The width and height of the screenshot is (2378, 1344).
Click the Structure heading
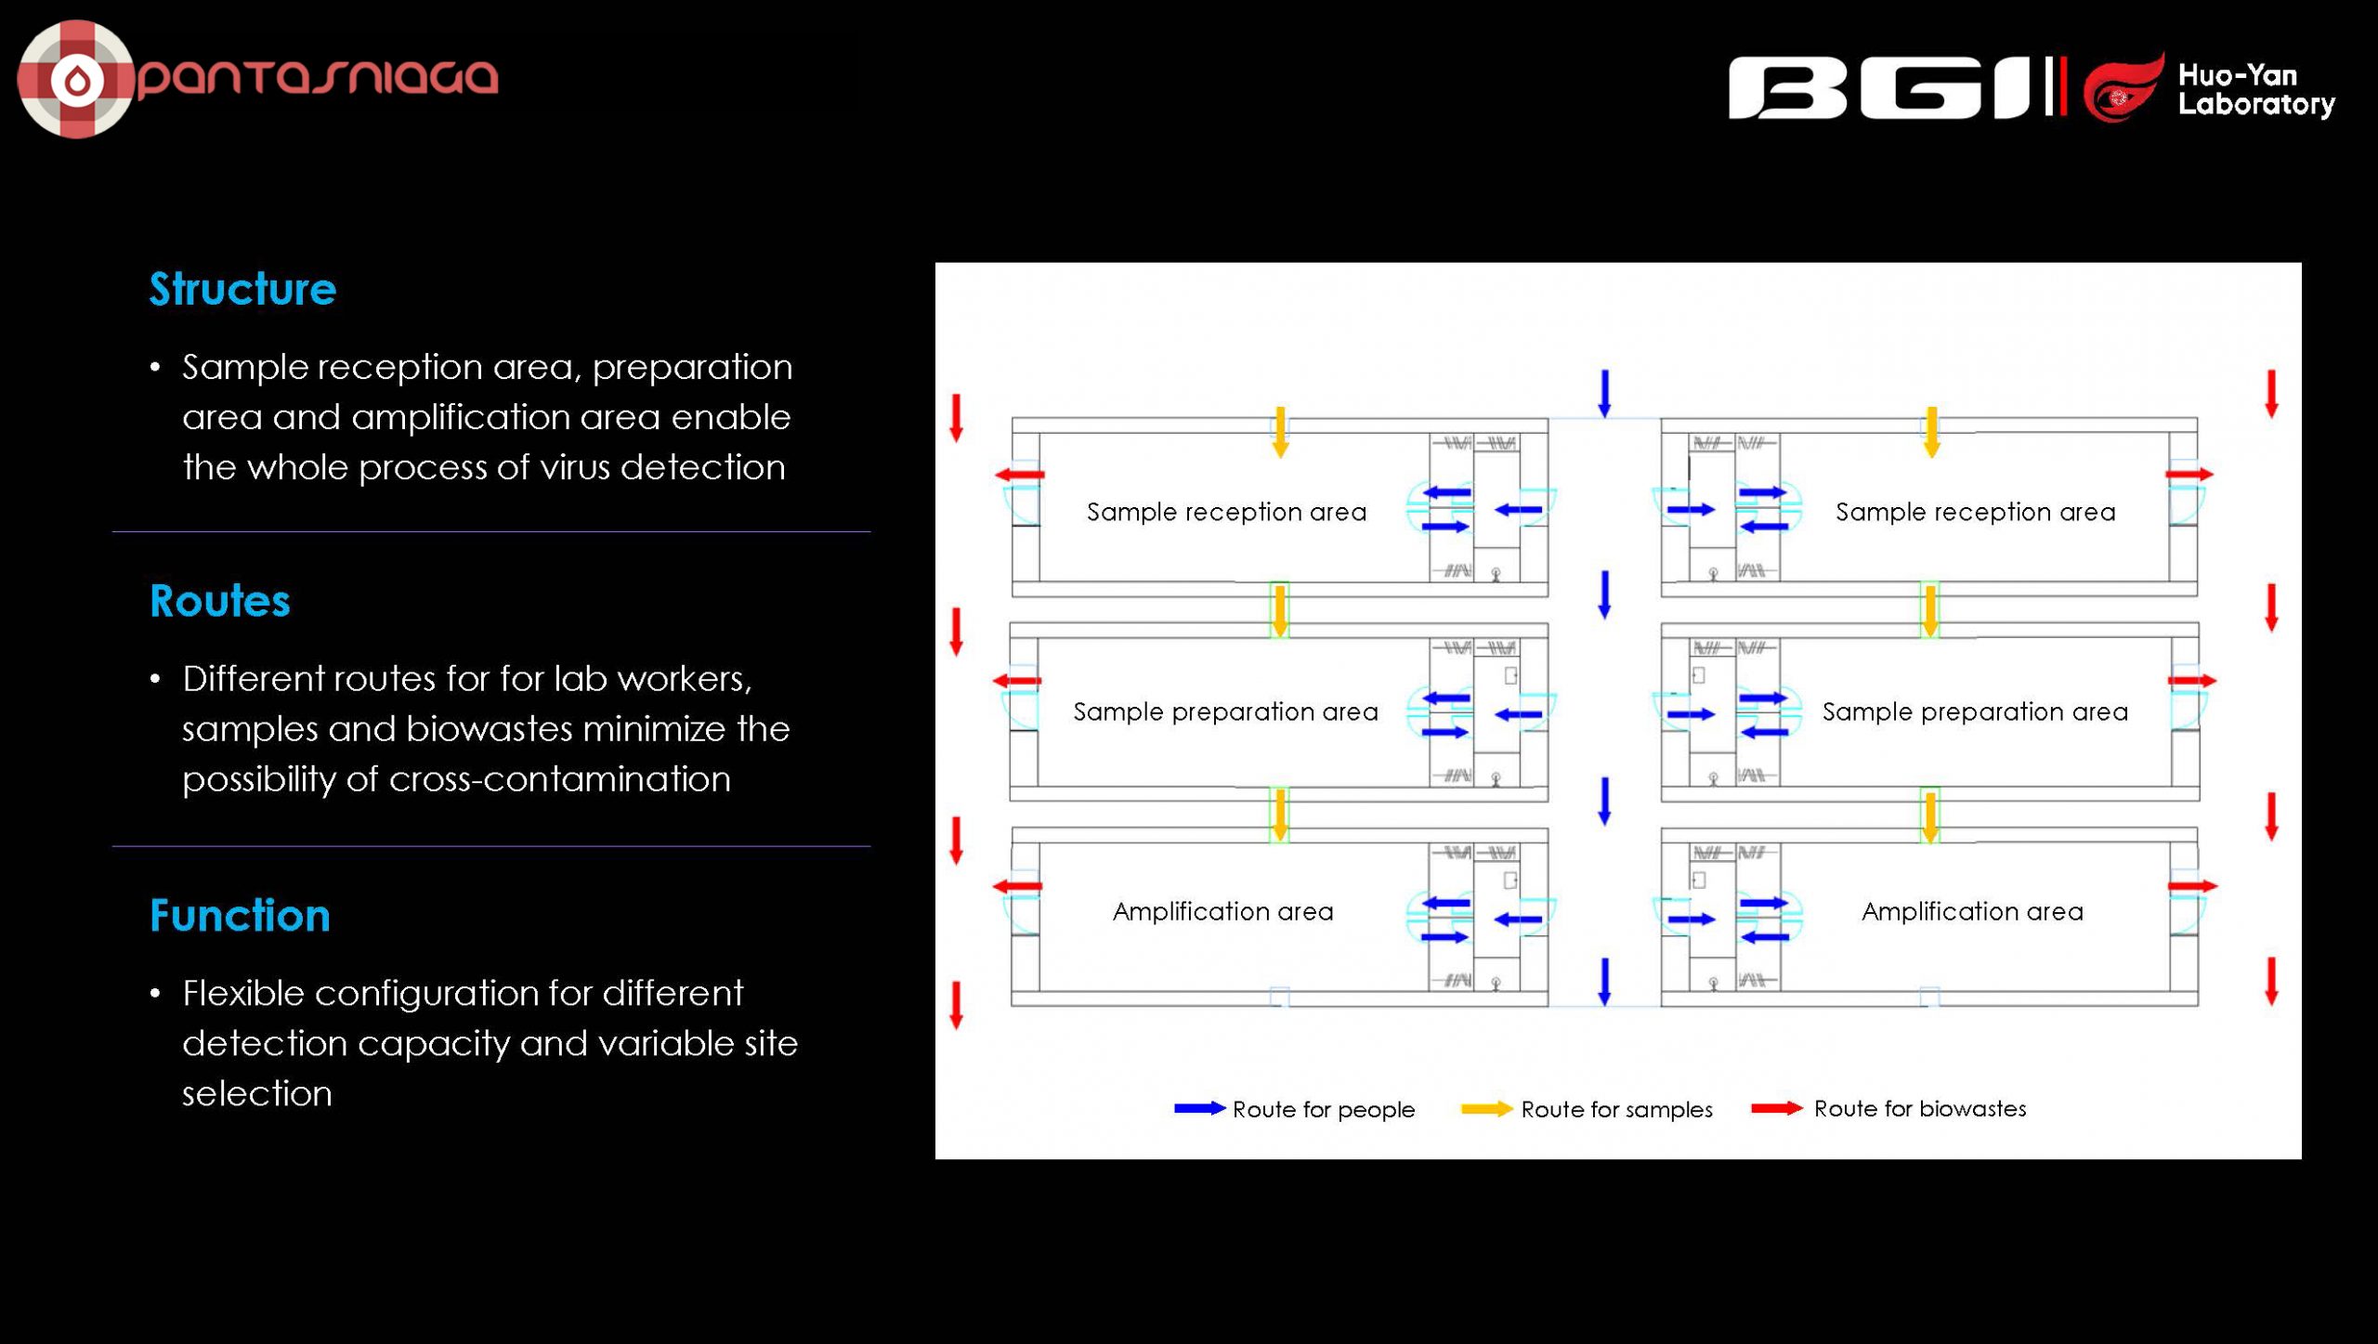pyautogui.click(x=242, y=289)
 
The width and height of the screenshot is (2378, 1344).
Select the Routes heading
pyautogui.click(x=220, y=601)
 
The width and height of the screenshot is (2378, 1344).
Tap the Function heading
pyautogui.click(x=240, y=915)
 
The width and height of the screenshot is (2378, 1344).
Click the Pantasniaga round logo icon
pyautogui.click(x=76, y=79)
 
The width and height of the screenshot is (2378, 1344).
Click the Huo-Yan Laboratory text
pyautogui.click(x=2256, y=89)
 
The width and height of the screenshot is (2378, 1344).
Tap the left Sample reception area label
pyautogui.click(x=1226, y=512)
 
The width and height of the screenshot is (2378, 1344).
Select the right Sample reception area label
pyautogui.click(x=1976, y=512)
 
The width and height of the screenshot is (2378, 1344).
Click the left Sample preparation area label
pyautogui.click(x=1225, y=711)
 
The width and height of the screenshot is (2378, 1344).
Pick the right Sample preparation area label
pyautogui.click(x=1975, y=711)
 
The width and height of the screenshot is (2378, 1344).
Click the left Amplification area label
pyautogui.click(x=1222, y=911)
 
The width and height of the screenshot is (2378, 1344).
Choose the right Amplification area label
pyautogui.click(x=1972, y=911)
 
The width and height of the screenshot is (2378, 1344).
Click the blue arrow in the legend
pyautogui.click(x=1200, y=1108)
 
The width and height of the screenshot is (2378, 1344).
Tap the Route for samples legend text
pyautogui.click(x=1616, y=1109)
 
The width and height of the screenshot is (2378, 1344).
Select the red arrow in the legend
pyautogui.click(x=1777, y=1108)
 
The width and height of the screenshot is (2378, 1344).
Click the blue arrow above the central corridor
pyautogui.click(x=1604, y=394)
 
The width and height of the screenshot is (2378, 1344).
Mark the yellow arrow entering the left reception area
pyautogui.click(x=1280, y=432)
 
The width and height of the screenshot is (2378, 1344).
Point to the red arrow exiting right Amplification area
pyautogui.click(x=2192, y=886)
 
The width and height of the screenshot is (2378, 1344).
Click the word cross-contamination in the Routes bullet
pyautogui.click(x=560, y=778)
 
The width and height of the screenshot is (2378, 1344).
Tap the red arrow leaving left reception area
pyautogui.click(x=1020, y=475)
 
